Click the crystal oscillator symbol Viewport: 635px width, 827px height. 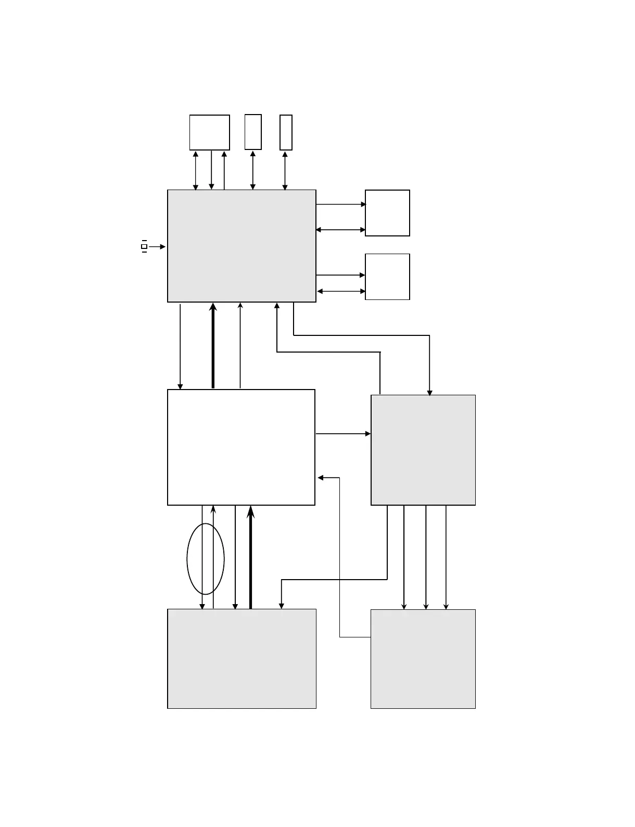click(x=144, y=246)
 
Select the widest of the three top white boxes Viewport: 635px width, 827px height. click(x=209, y=132)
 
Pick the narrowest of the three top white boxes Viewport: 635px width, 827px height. click(x=286, y=132)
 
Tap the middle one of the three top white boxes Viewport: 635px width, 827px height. click(x=253, y=132)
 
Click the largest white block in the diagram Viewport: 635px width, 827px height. click(x=241, y=447)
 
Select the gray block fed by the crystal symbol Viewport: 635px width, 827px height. click(x=242, y=246)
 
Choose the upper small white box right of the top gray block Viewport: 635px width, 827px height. click(x=387, y=213)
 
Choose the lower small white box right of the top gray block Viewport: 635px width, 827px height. click(x=387, y=277)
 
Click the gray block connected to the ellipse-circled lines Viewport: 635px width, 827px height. click(x=242, y=658)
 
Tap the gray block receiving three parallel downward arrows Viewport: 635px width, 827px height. click(x=423, y=658)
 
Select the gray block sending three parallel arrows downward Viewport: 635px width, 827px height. click(x=423, y=450)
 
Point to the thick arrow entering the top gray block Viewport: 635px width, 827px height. click(x=213, y=346)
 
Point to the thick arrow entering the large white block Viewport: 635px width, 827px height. click(x=250, y=557)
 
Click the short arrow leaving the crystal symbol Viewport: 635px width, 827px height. click(x=157, y=247)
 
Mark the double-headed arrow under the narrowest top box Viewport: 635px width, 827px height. click(x=285, y=170)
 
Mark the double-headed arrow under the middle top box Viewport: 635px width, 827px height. click(x=252, y=170)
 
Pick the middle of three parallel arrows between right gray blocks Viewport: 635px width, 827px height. click(x=426, y=557)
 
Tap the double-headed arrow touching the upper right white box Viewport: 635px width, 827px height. click(x=341, y=230)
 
